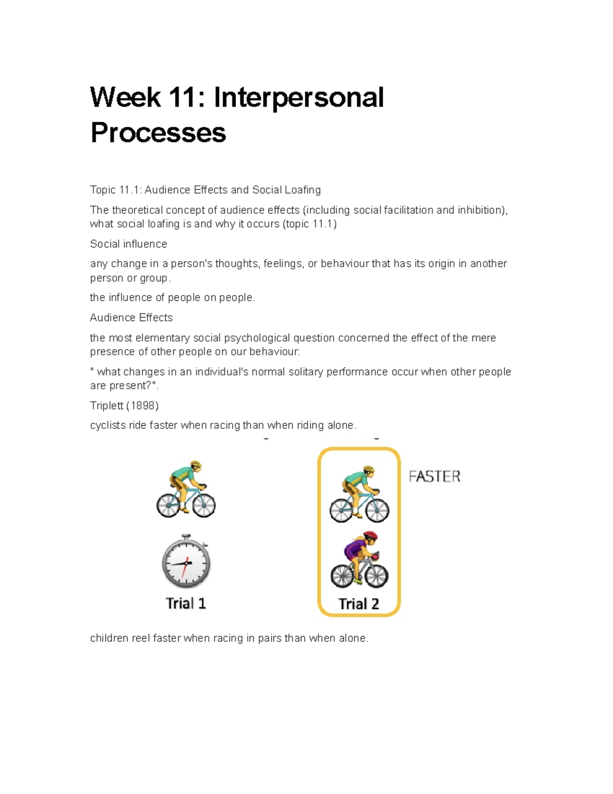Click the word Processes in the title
click(158, 132)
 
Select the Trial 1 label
click(186, 603)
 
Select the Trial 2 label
click(359, 604)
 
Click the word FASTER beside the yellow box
click(434, 477)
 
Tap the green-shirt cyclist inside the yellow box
click(359, 494)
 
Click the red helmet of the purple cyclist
click(370, 536)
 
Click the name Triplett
click(106, 405)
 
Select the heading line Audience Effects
click(131, 317)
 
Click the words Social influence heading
click(128, 244)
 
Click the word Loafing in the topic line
click(302, 190)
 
